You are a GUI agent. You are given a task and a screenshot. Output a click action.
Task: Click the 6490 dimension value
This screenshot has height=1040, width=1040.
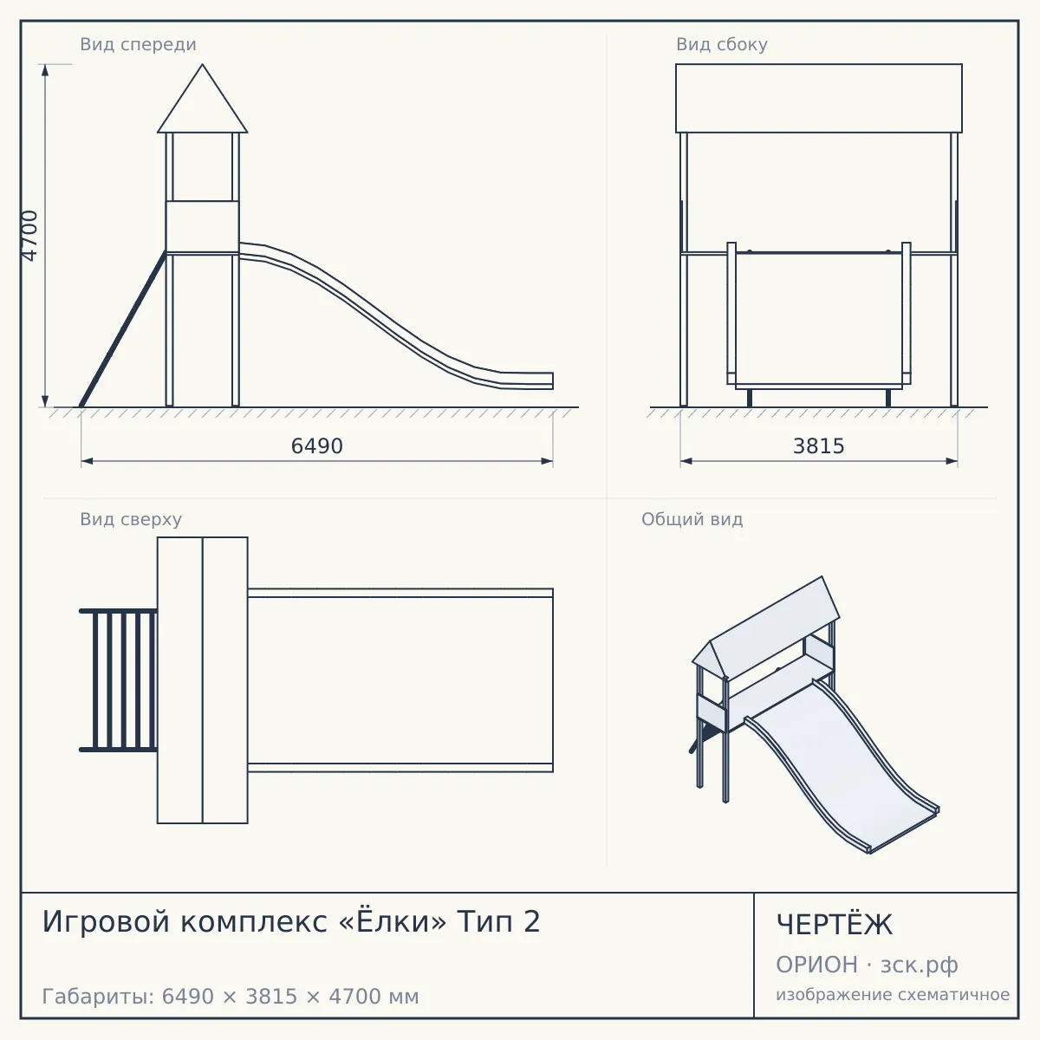pos(317,446)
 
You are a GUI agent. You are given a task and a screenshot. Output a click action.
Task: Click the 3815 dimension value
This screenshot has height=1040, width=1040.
pos(818,446)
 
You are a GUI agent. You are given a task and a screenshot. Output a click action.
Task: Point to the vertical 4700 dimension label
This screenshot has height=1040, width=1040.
pos(29,236)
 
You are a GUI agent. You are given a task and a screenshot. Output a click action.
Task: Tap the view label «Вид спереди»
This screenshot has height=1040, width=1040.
pos(138,44)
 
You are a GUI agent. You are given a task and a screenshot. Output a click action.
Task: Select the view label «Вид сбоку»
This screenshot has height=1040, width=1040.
pos(722,44)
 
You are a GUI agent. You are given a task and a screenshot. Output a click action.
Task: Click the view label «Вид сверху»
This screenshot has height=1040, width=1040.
pos(131,519)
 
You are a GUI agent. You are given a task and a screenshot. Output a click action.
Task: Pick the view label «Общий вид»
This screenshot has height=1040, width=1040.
pos(692,519)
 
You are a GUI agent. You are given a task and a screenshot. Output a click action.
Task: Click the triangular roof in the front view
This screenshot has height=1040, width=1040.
pos(203,105)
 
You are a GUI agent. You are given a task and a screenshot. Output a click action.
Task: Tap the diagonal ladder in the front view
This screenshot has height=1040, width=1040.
pos(123,328)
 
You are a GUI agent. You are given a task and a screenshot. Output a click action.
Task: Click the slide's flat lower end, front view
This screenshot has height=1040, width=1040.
pos(526,380)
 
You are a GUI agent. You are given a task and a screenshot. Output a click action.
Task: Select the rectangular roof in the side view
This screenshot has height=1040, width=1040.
pos(819,98)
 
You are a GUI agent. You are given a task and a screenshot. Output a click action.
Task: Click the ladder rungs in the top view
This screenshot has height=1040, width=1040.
pos(119,680)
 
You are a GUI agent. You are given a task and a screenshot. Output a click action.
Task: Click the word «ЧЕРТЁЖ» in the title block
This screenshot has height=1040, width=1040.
pos(835,925)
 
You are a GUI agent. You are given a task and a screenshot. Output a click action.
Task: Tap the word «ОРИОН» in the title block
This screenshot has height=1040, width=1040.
pos(816,965)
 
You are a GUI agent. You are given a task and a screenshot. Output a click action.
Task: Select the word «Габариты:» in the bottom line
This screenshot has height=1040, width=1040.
pos(99,997)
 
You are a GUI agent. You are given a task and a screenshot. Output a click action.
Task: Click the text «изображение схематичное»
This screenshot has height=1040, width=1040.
pos(893,995)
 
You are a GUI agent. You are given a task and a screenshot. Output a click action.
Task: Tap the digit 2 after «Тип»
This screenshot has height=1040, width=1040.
pos(531,922)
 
